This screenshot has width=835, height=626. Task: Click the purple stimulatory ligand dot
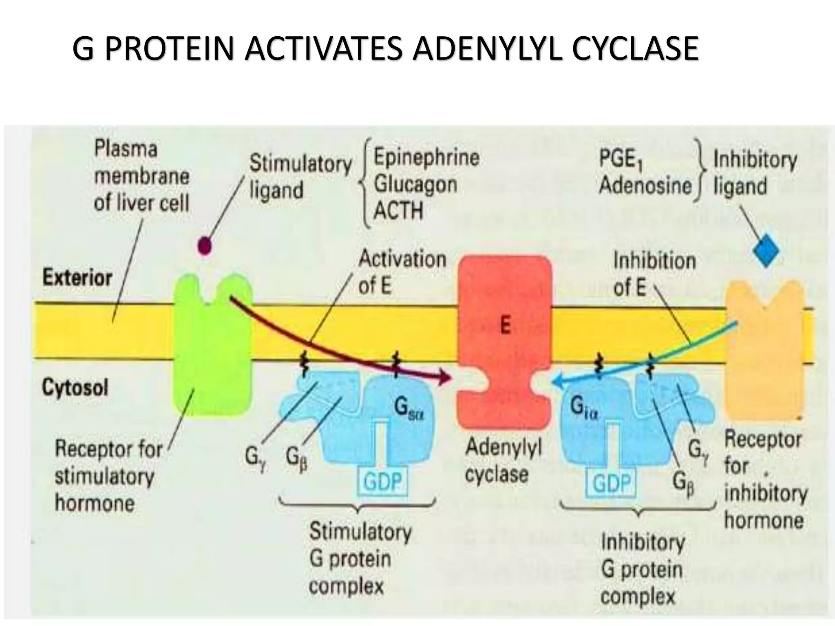204,246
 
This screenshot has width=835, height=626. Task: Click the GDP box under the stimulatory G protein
382,483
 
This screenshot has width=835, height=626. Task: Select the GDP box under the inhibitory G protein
612,484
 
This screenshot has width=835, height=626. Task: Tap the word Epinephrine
426,158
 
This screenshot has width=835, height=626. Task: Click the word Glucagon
415,185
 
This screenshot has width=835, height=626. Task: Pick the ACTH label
398,211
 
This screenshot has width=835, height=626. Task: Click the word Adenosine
645,186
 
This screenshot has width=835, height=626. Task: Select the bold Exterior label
77,278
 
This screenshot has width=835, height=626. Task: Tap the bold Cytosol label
75,388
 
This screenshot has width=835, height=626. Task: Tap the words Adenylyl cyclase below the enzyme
503,461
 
